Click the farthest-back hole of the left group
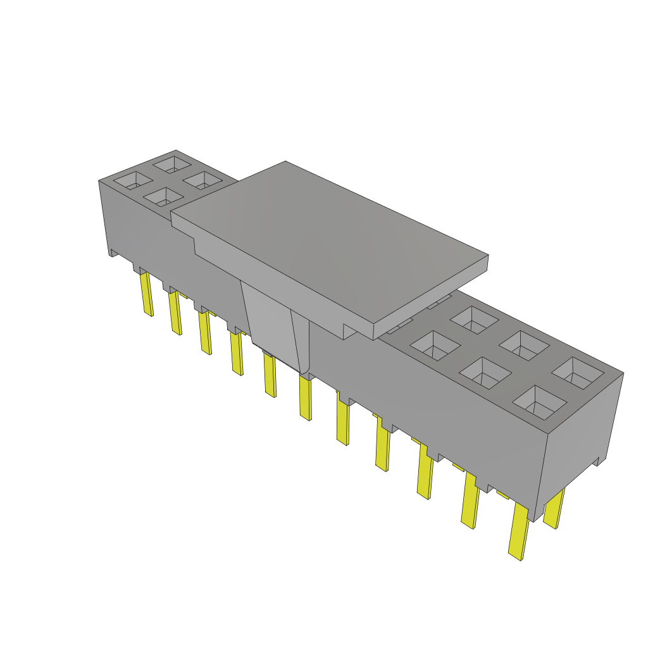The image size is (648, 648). click(x=171, y=165)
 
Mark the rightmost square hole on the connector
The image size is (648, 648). click(x=578, y=373)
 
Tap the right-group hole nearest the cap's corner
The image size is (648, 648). click(x=435, y=346)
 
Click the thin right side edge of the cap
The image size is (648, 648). click(x=432, y=297)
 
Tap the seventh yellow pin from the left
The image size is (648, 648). click(x=342, y=423)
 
